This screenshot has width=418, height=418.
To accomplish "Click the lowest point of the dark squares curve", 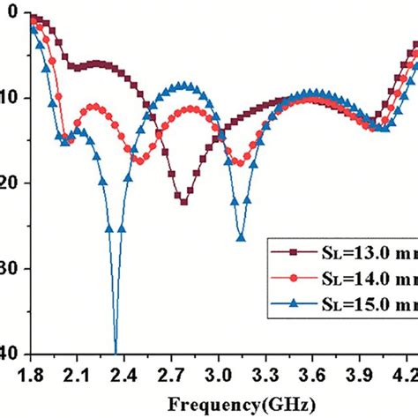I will pos(183,202).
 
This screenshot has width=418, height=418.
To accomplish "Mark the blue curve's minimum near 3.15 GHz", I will pos(241,236).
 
